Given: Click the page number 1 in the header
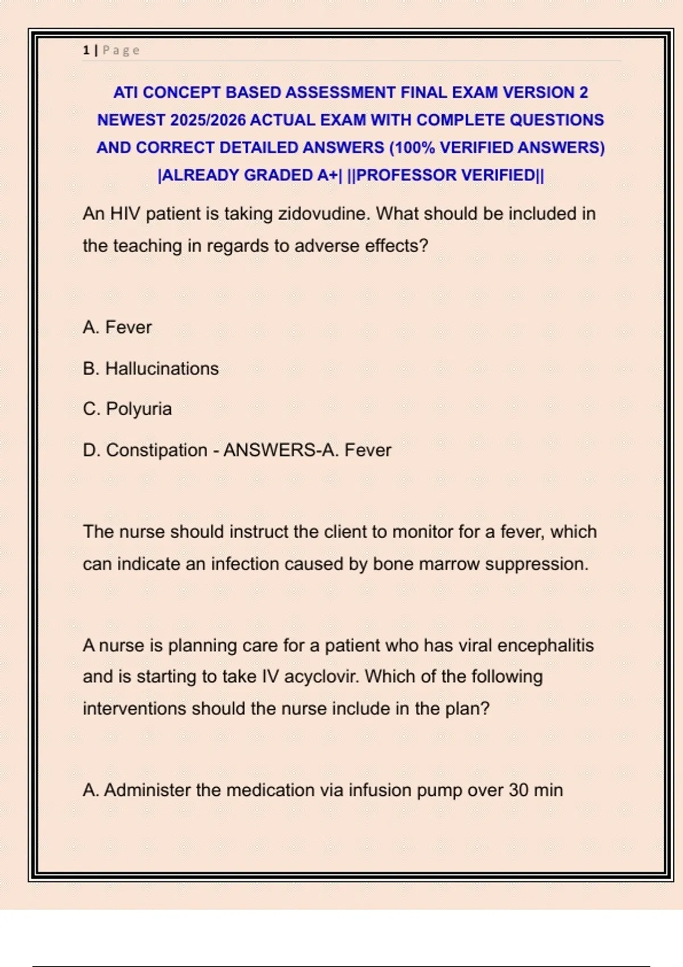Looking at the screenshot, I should [86, 51].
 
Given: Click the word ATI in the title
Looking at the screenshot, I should [126, 93].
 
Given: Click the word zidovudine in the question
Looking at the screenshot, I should [323, 214].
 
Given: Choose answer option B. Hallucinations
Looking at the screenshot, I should [151, 369].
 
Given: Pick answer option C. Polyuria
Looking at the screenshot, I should [127, 409].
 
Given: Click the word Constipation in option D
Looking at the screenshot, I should [157, 451].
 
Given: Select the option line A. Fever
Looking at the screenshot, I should [117, 328].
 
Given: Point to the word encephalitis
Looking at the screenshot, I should [545, 646].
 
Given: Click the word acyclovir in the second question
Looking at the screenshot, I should [322, 677].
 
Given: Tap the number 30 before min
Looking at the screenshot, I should [519, 790].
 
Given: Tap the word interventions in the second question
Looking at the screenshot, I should [135, 709].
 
